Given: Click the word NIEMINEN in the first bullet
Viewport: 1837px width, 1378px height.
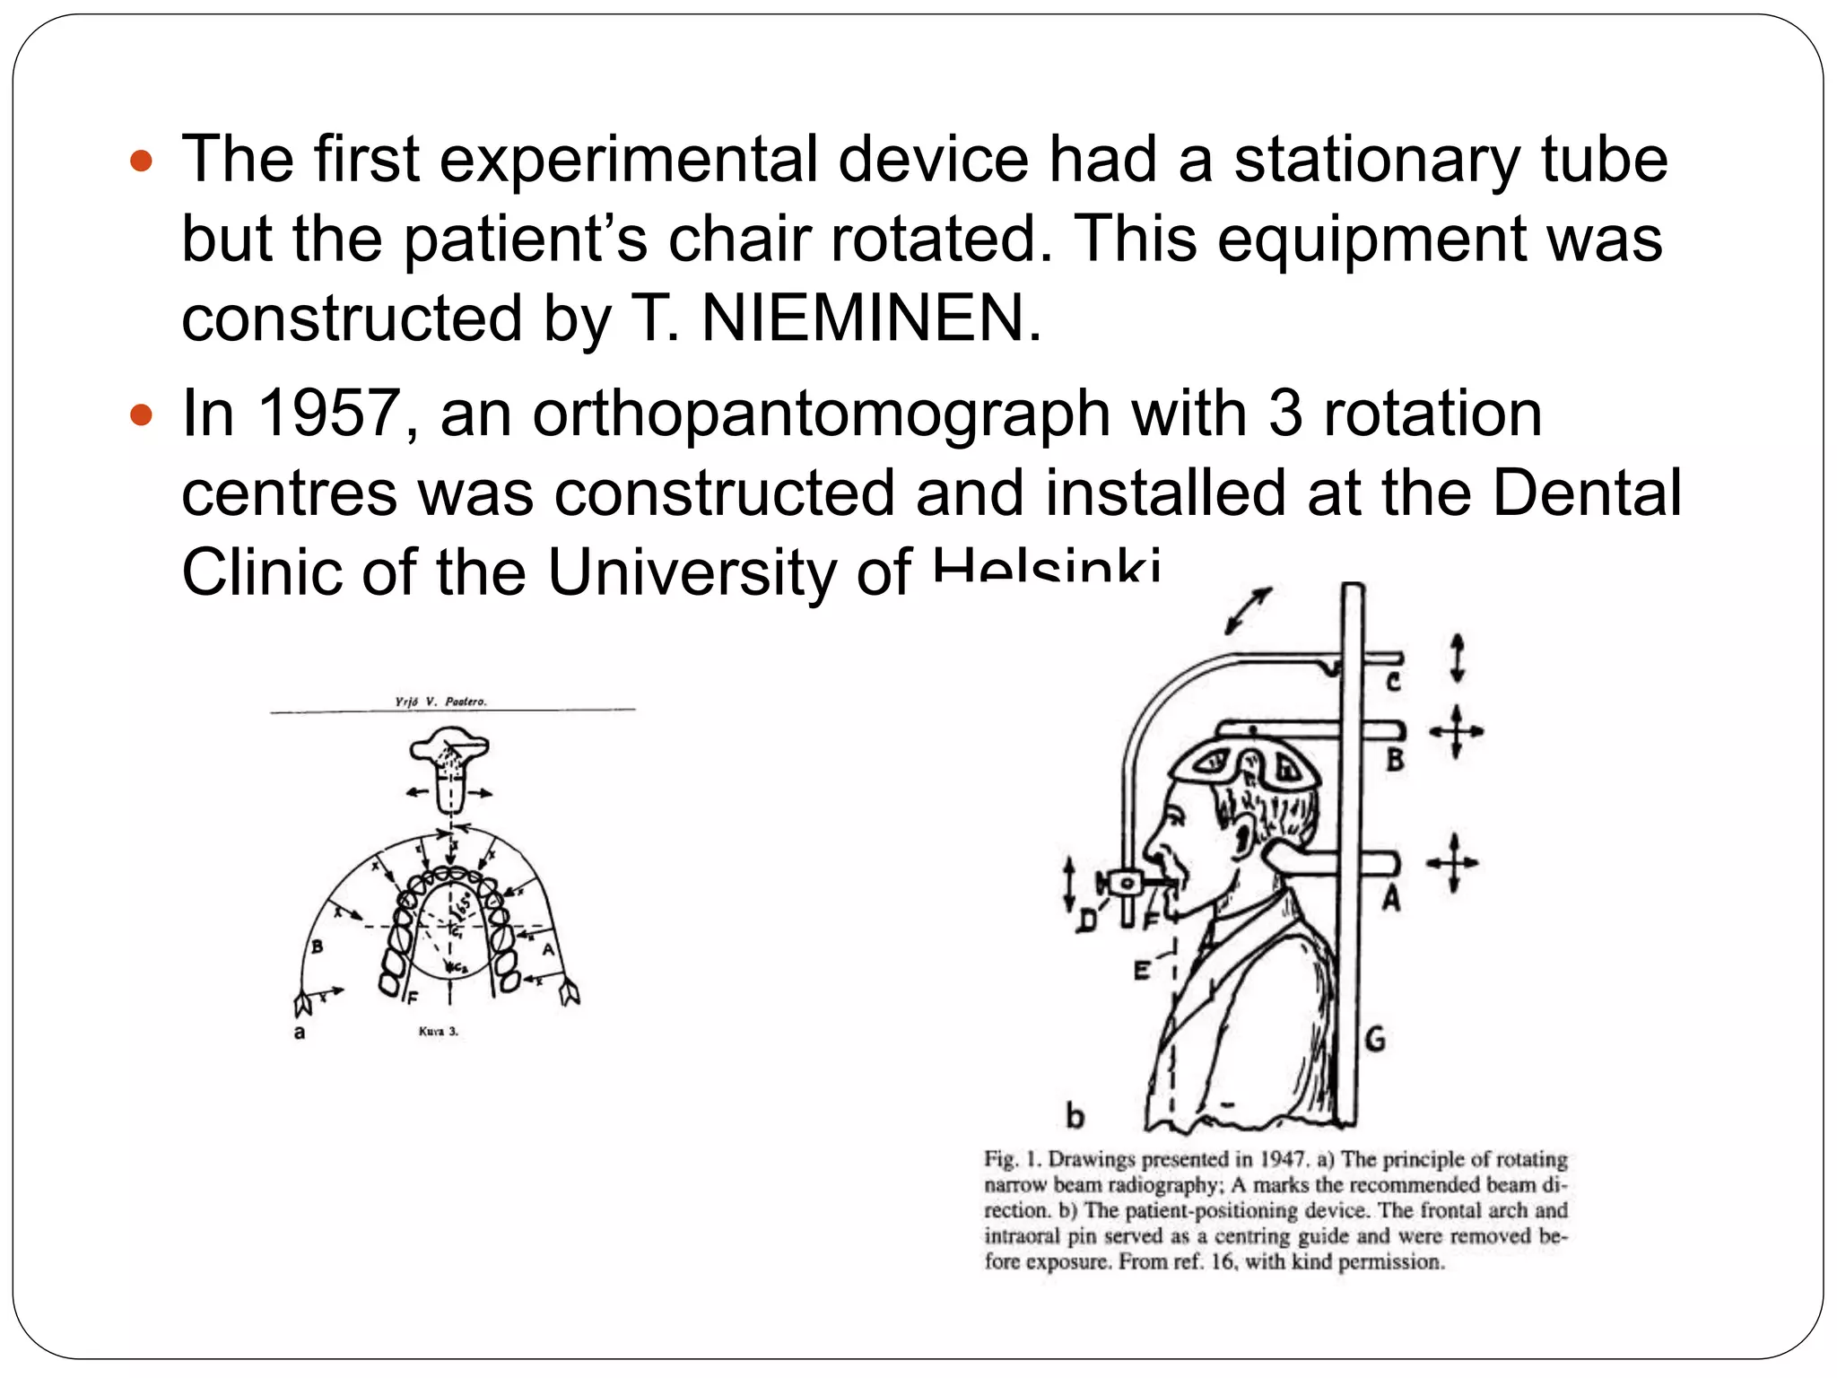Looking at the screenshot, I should click(x=862, y=318).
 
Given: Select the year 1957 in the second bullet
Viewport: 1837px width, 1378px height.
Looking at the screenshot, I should click(x=327, y=414).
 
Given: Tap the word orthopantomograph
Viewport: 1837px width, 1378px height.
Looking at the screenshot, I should click(x=822, y=415).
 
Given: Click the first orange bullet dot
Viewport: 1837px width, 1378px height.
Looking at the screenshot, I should click(x=142, y=161).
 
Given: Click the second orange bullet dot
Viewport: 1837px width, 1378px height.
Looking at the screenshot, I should click(x=142, y=415).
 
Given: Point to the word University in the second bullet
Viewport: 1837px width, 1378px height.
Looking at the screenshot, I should click(x=691, y=573).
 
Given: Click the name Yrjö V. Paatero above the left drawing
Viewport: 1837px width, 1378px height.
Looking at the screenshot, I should click(x=441, y=702).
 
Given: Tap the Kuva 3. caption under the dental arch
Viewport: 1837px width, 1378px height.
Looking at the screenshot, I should click(x=438, y=1032).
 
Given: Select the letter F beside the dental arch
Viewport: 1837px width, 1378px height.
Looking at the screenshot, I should click(x=412, y=998).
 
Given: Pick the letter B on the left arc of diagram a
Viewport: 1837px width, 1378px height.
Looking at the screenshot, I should click(x=317, y=946).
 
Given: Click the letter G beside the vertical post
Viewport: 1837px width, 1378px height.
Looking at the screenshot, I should click(x=1375, y=1040).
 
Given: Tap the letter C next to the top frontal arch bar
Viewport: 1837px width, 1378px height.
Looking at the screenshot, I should click(x=1393, y=682).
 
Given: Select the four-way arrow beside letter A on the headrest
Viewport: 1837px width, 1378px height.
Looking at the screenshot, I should click(x=1453, y=863).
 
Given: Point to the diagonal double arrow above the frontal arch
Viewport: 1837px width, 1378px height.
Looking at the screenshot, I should click(x=1249, y=611).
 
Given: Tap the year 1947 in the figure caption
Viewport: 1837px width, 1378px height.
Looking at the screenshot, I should click(x=1283, y=1159).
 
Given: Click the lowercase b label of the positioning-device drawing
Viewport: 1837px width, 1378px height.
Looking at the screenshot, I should click(x=1075, y=1116).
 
